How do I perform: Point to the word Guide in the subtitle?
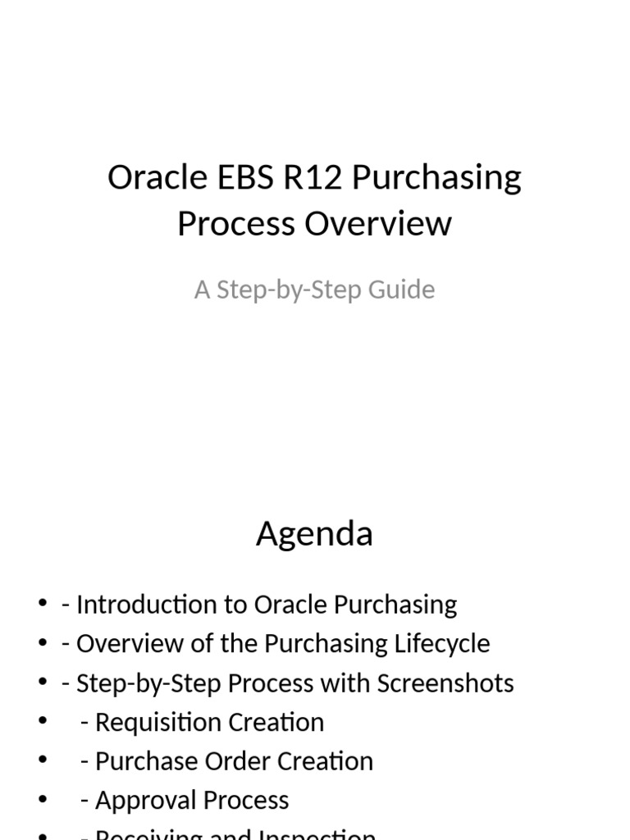coord(405,290)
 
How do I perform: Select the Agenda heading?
coord(314,534)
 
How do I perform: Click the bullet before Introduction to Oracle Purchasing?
coord(43,605)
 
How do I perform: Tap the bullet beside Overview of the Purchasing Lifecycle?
coord(43,644)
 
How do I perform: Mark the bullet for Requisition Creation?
coord(43,723)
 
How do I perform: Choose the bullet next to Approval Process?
coord(43,801)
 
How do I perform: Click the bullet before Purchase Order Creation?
coord(43,761)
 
